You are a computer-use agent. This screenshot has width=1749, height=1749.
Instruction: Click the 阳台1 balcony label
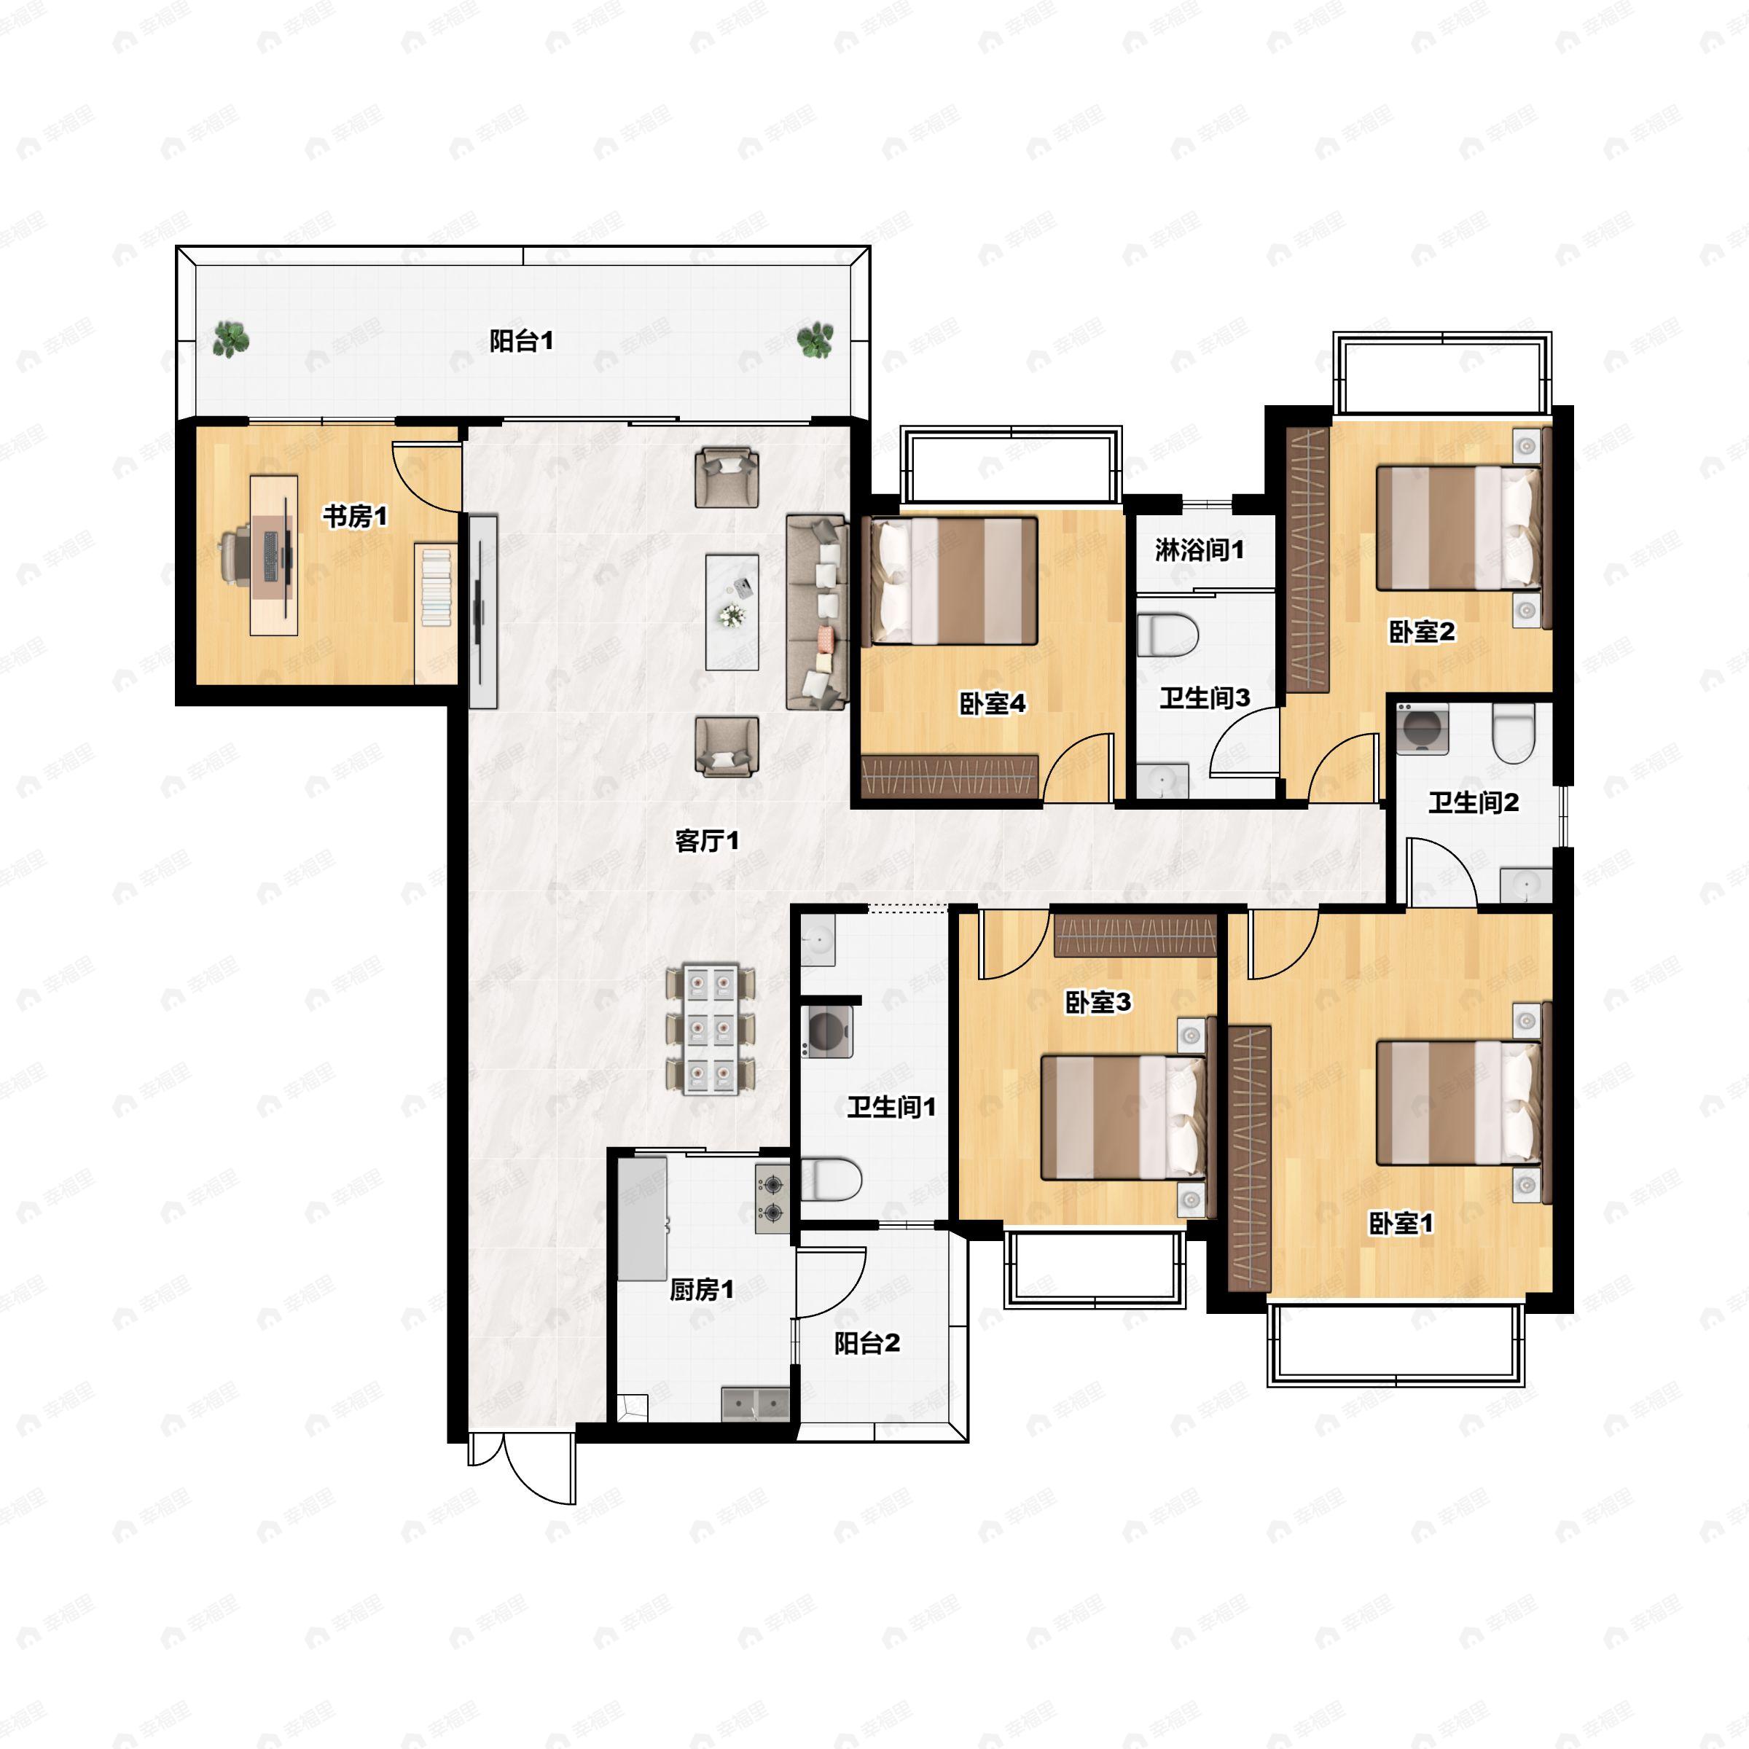point(522,341)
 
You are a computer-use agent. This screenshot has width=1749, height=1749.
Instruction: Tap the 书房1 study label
point(356,517)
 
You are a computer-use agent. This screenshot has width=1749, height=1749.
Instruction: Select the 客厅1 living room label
point(707,841)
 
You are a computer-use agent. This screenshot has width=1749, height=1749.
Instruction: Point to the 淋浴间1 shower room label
point(1200,549)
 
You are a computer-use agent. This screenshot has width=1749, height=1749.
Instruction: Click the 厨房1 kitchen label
point(702,1290)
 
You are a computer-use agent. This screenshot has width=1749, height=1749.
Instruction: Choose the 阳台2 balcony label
point(867,1343)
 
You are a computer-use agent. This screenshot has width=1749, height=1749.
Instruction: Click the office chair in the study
point(237,555)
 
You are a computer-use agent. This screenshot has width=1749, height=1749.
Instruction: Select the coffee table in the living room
point(732,612)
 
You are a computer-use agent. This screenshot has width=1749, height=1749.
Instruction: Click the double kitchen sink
point(756,1404)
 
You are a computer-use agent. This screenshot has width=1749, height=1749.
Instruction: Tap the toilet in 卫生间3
point(1167,635)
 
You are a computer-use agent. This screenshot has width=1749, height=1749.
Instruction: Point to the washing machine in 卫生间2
point(1423,729)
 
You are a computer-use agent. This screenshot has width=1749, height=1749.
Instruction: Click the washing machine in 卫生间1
point(826,1030)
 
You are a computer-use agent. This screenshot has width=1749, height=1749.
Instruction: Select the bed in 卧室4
point(953,580)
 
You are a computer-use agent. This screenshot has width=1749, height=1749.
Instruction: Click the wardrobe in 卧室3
point(1135,936)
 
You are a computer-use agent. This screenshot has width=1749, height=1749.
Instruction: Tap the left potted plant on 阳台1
point(232,340)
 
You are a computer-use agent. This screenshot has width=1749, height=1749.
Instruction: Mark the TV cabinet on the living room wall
point(482,611)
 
